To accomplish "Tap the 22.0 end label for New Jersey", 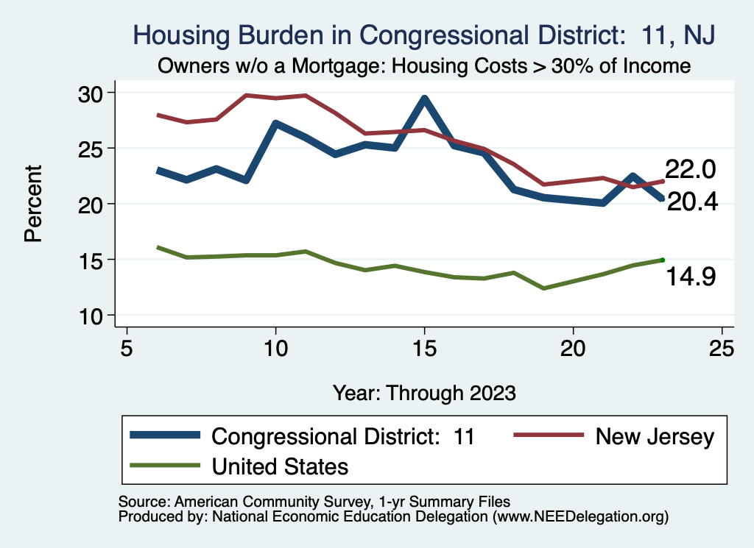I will pos(690,169).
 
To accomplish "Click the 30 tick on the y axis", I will pos(93,93).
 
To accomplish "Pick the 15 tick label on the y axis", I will pos(93,260).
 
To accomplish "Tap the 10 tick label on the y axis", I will pos(93,316).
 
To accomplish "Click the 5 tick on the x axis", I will pos(127,347).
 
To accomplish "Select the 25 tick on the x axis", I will pos(722,347).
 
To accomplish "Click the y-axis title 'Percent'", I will pos(32,204).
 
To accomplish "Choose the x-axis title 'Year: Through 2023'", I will pos(424,392).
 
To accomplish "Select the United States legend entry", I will pos(280,466).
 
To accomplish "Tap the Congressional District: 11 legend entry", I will pos(342,437).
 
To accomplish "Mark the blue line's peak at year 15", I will pos(424,99).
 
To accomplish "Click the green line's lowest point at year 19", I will pos(543,288).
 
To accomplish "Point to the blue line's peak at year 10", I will pos(275,124).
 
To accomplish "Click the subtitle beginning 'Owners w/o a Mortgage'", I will pos(424,66).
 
